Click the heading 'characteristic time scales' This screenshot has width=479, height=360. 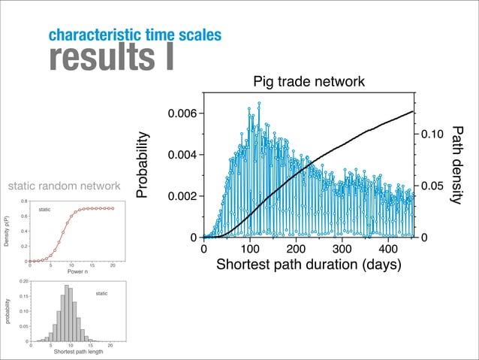pyautogui.click(x=134, y=35)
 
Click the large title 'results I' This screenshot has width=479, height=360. pyautogui.click(x=111, y=58)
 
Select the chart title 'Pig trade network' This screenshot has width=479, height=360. pyautogui.click(x=309, y=81)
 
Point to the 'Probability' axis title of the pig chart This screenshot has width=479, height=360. pyautogui.click(x=142, y=167)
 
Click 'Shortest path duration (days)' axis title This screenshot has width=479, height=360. pyautogui.click(x=308, y=265)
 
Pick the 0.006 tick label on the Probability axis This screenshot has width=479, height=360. pyautogui.click(x=181, y=113)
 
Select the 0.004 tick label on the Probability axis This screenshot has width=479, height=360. pyautogui.click(x=181, y=155)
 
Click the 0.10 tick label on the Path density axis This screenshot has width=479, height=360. pyautogui.click(x=432, y=135)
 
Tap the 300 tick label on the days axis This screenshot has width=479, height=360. pyautogui.click(x=342, y=249)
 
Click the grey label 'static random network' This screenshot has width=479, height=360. pyautogui.click(x=64, y=186)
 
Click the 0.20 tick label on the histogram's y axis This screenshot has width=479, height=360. pyautogui.click(x=24, y=280)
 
